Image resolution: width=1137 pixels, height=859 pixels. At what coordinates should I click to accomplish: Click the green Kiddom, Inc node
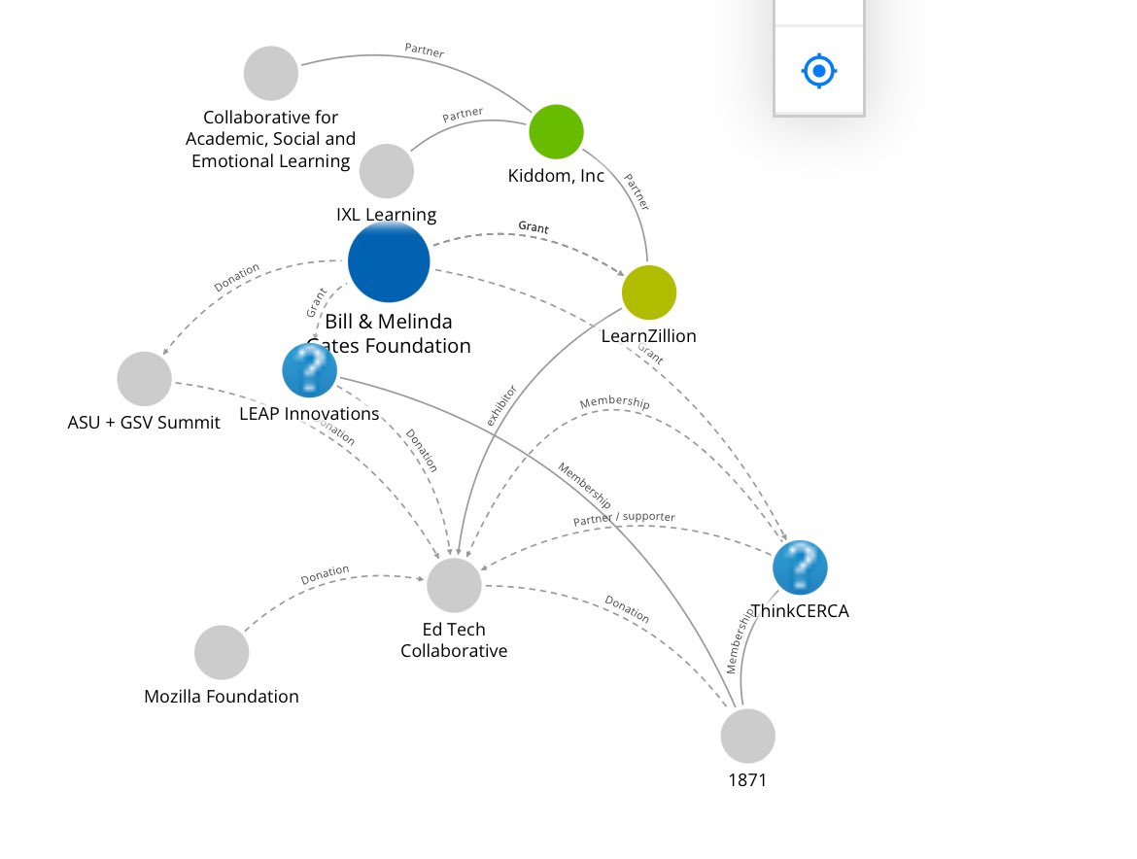[x=556, y=131]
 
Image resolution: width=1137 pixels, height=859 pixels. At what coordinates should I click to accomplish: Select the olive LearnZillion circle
[x=649, y=292]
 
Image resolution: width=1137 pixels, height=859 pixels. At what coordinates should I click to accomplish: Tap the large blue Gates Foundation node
[x=389, y=262]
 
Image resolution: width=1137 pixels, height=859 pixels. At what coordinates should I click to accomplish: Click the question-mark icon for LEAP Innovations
[x=309, y=370]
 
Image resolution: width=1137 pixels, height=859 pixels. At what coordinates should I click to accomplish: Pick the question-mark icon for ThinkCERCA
[x=800, y=567]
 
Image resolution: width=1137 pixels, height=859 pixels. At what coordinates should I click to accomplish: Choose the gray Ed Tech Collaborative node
[x=454, y=585]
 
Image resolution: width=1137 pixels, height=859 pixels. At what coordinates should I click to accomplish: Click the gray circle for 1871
[x=748, y=736]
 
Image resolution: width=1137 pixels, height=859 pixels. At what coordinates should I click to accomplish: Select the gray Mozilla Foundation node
[x=222, y=652]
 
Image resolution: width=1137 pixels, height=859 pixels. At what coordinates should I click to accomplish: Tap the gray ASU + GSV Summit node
[x=144, y=379]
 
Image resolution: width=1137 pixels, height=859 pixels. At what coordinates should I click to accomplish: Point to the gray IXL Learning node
[x=387, y=171]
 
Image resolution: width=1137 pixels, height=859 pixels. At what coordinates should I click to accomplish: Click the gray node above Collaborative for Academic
[x=271, y=73]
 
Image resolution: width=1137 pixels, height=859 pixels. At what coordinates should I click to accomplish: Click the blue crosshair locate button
[x=819, y=71]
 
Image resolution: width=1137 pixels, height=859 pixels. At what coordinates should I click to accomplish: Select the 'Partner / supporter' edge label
[x=624, y=519]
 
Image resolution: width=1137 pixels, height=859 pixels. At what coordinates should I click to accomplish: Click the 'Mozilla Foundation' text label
[x=222, y=697]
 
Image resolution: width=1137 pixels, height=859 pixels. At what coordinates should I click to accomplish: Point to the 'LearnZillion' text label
[x=648, y=336]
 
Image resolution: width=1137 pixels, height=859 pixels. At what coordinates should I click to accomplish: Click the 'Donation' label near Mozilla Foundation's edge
[x=325, y=575]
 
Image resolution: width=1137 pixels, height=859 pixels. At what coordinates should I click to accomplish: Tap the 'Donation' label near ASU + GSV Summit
[x=237, y=278]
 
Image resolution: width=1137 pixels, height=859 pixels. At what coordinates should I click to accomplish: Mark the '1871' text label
[x=747, y=779]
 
